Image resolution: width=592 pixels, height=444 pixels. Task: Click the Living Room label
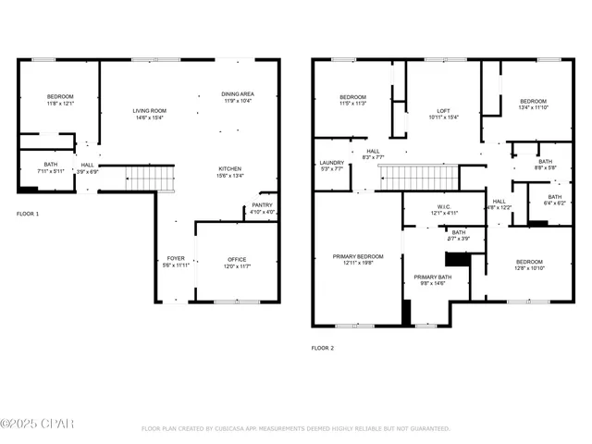click(x=149, y=111)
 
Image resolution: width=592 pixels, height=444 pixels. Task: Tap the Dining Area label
click(x=238, y=94)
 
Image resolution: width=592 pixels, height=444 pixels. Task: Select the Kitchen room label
click(x=229, y=169)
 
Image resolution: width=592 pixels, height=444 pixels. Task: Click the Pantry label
click(x=262, y=205)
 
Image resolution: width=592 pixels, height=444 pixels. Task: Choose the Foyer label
click(x=176, y=258)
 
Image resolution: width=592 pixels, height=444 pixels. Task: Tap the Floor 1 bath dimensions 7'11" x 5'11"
click(x=51, y=171)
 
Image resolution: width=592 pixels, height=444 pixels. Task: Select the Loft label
click(x=444, y=112)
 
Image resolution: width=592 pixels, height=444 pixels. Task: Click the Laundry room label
click(x=331, y=163)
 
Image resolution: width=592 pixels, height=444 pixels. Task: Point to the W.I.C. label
click(x=442, y=207)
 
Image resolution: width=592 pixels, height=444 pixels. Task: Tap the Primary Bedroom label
click(x=358, y=256)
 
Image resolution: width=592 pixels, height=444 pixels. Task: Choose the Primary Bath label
click(x=432, y=277)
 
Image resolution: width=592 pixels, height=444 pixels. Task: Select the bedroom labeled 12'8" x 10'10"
click(x=529, y=262)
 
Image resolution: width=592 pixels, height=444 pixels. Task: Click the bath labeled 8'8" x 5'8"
click(x=546, y=161)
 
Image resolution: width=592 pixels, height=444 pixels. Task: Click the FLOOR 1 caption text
click(x=28, y=214)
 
